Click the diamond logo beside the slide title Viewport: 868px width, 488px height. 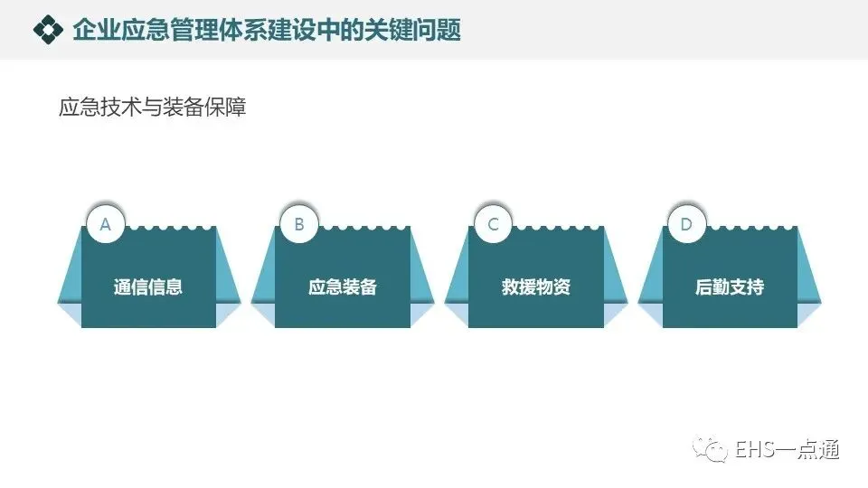click(x=48, y=30)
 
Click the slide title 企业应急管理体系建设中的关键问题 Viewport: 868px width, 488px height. click(x=267, y=30)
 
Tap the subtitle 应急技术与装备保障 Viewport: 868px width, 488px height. click(x=152, y=108)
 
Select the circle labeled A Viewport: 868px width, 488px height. click(x=106, y=224)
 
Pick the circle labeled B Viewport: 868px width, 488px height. click(x=299, y=224)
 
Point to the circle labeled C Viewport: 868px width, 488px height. click(x=493, y=224)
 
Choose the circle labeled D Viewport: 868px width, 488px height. click(x=686, y=224)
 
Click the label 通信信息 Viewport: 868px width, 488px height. click(x=148, y=287)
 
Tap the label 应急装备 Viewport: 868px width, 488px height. click(x=342, y=287)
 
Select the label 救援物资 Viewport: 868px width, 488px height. click(x=536, y=287)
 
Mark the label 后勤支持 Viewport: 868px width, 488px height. click(x=730, y=287)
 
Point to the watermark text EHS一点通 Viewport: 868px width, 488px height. click(x=787, y=449)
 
